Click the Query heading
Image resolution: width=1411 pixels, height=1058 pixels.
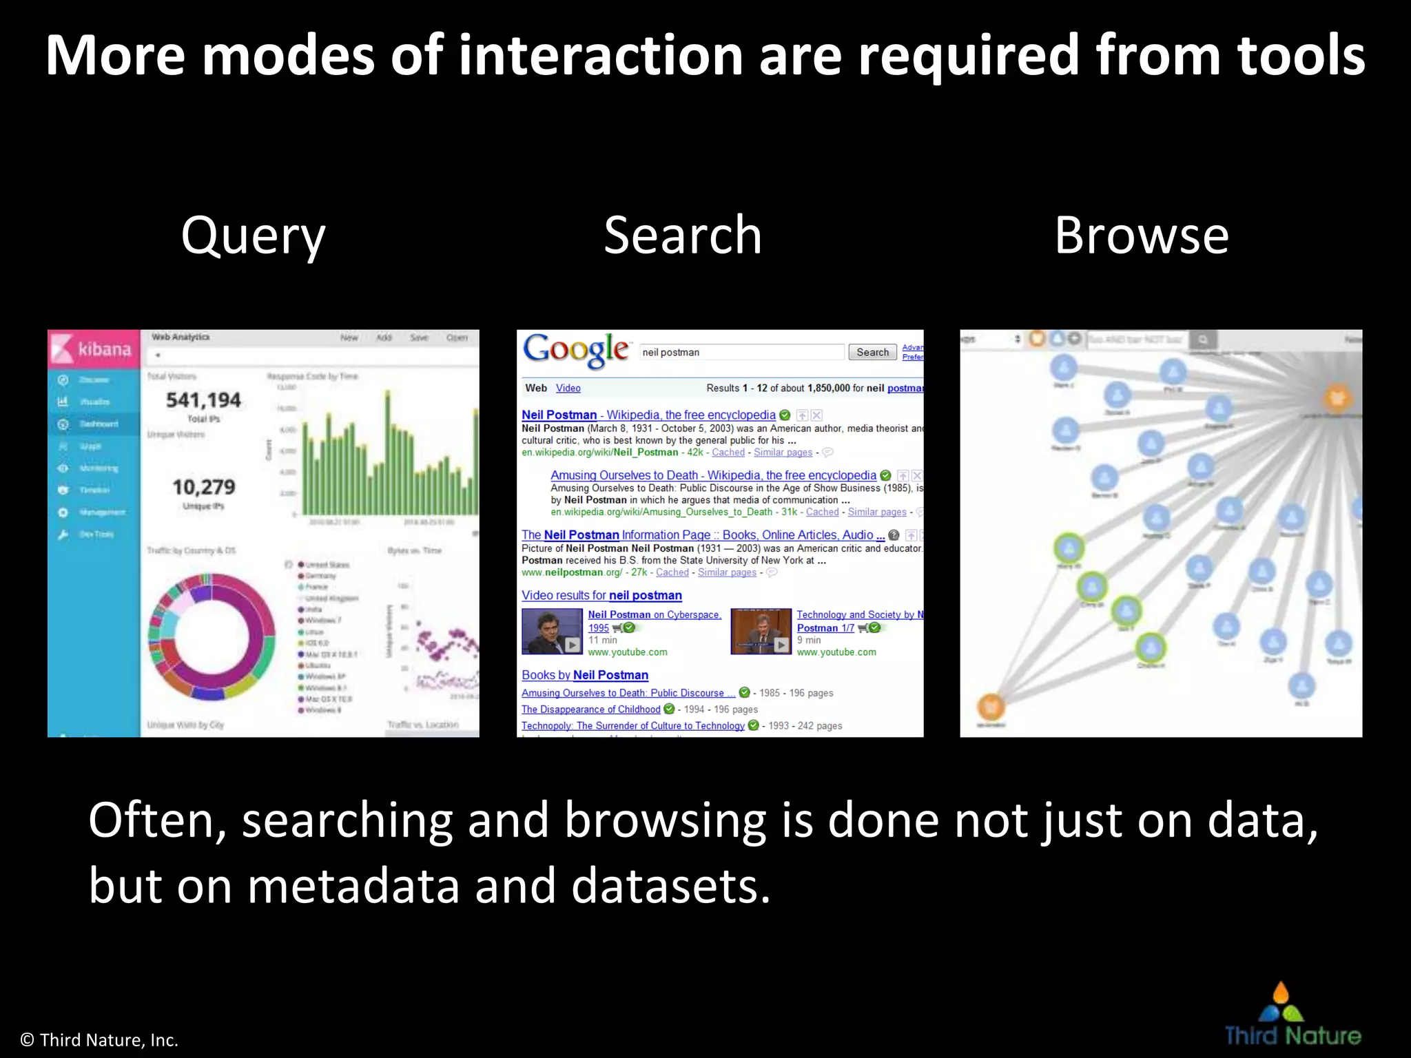253,236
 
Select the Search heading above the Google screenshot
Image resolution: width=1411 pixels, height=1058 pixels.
682,236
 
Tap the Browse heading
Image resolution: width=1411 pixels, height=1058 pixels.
1142,236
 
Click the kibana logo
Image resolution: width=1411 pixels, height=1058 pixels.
94,349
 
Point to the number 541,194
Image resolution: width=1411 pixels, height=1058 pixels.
203,400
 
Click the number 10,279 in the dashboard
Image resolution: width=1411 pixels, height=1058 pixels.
203,487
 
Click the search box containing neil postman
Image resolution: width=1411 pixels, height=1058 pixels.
741,352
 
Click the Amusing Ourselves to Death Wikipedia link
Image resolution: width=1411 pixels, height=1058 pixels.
712,475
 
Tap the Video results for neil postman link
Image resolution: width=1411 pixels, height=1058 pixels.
601,595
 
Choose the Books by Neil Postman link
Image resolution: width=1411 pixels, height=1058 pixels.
584,675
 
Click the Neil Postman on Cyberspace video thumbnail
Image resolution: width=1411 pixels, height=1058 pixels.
552,632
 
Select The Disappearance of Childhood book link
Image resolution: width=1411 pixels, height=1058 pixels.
590,709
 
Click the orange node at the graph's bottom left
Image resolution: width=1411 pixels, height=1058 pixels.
991,706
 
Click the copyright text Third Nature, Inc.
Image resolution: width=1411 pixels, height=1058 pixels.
100,1040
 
